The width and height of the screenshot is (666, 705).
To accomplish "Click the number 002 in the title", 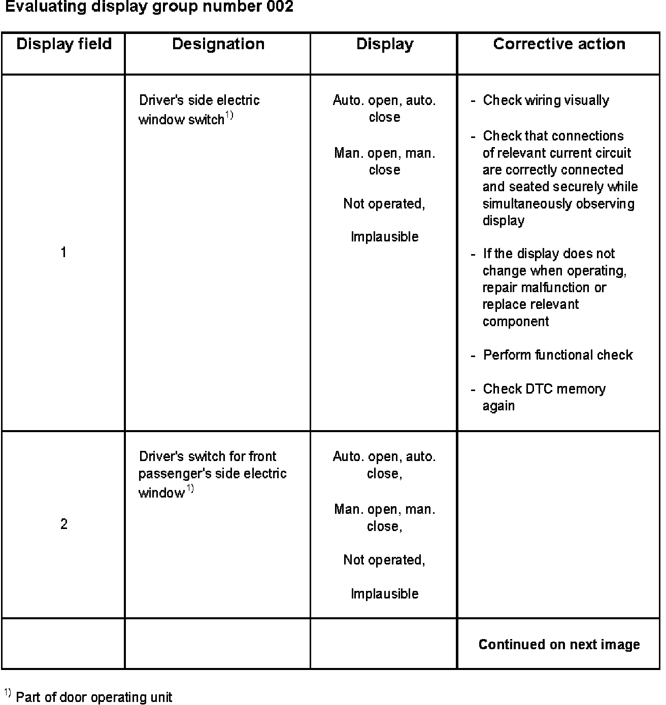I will (279, 7).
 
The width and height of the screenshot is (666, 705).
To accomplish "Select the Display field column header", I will (64, 44).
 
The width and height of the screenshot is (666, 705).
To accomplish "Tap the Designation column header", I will (218, 44).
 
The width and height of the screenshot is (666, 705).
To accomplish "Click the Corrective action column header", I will (559, 44).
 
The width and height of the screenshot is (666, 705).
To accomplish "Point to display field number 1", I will (63, 252).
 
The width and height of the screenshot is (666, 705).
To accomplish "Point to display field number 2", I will (64, 524).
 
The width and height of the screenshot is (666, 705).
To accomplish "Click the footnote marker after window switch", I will (229, 116).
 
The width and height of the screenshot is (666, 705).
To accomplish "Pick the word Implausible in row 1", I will (384, 237).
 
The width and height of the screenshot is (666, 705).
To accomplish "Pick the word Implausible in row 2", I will (384, 594).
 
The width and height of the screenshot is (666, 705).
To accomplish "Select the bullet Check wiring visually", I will (546, 100).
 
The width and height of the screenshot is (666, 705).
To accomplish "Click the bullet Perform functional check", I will (557, 355).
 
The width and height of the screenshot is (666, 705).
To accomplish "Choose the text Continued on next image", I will (559, 645).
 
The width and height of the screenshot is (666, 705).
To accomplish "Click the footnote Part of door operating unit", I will (94, 697).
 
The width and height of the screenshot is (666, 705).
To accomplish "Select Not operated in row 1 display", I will (384, 204).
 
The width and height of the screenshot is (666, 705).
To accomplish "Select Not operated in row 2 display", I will (384, 560).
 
